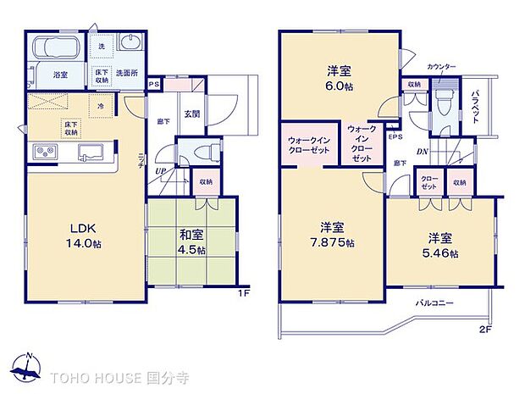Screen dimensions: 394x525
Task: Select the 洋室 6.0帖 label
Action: point(339,78)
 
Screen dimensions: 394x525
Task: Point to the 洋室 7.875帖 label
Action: point(331,235)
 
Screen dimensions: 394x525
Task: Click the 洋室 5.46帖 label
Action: point(441,244)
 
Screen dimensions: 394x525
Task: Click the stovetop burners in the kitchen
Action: point(45,153)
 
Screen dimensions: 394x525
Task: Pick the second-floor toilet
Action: point(441,103)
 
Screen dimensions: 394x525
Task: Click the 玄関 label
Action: point(191,115)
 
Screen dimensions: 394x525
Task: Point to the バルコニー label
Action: point(434,302)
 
